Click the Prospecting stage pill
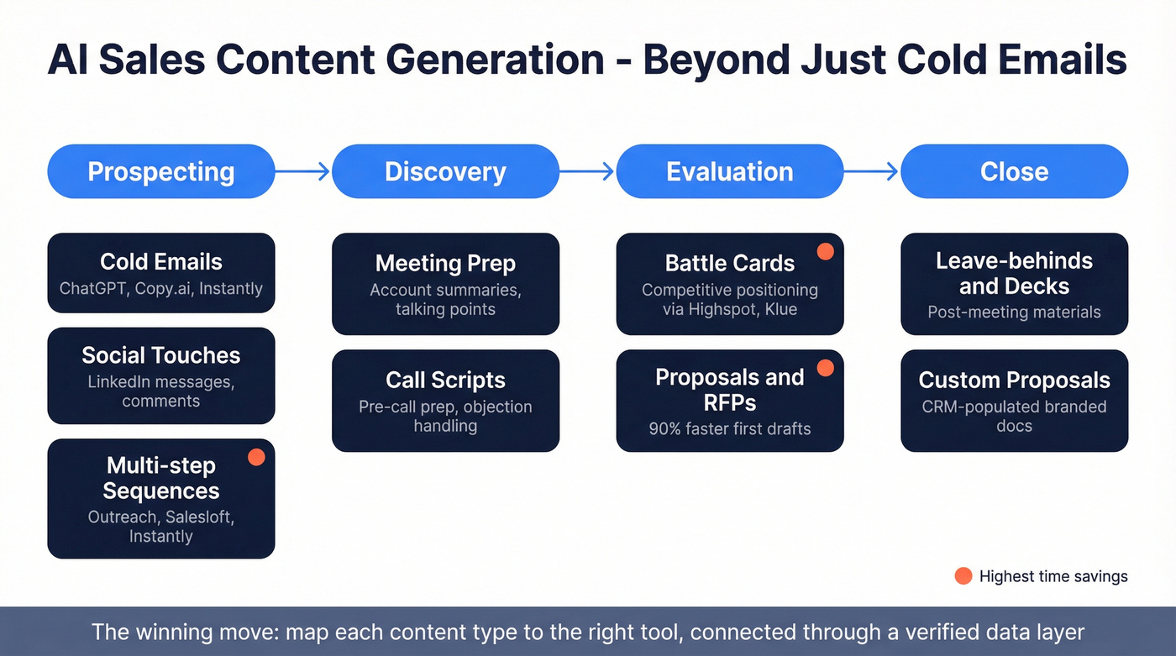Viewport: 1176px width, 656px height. click(x=160, y=171)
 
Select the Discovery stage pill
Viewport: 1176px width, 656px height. click(x=445, y=171)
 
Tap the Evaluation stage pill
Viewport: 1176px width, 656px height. click(x=729, y=171)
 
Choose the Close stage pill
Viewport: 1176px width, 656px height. click(x=1014, y=171)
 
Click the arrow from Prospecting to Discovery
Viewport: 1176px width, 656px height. click(x=303, y=171)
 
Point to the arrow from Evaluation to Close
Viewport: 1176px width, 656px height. click(x=872, y=171)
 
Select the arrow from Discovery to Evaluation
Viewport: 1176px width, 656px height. click(x=587, y=171)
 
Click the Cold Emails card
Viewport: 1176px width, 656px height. click(x=160, y=273)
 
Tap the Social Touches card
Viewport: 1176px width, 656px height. click(x=160, y=375)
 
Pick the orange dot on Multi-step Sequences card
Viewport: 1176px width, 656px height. click(x=256, y=457)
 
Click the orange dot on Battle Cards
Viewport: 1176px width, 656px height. click(x=825, y=251)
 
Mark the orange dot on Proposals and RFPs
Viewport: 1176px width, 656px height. click(x=825, y=367)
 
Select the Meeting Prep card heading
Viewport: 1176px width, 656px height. click(x=445, y=263)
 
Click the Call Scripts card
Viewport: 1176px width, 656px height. click(x=445, y=401)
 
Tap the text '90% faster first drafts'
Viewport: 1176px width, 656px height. click(x=729, y=428)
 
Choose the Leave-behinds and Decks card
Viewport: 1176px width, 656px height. click(x=1014, y=284)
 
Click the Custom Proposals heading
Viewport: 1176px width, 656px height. click(x=1014, y=380)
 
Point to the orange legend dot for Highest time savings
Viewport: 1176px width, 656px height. click(x=963, y=576)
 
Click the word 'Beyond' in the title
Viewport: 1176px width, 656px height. click(x=715, y=60)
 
